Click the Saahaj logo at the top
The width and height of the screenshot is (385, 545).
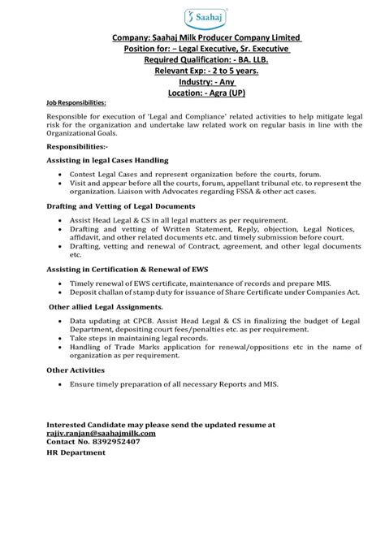(192, 16)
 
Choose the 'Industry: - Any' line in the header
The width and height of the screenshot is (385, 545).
(192, 82)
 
